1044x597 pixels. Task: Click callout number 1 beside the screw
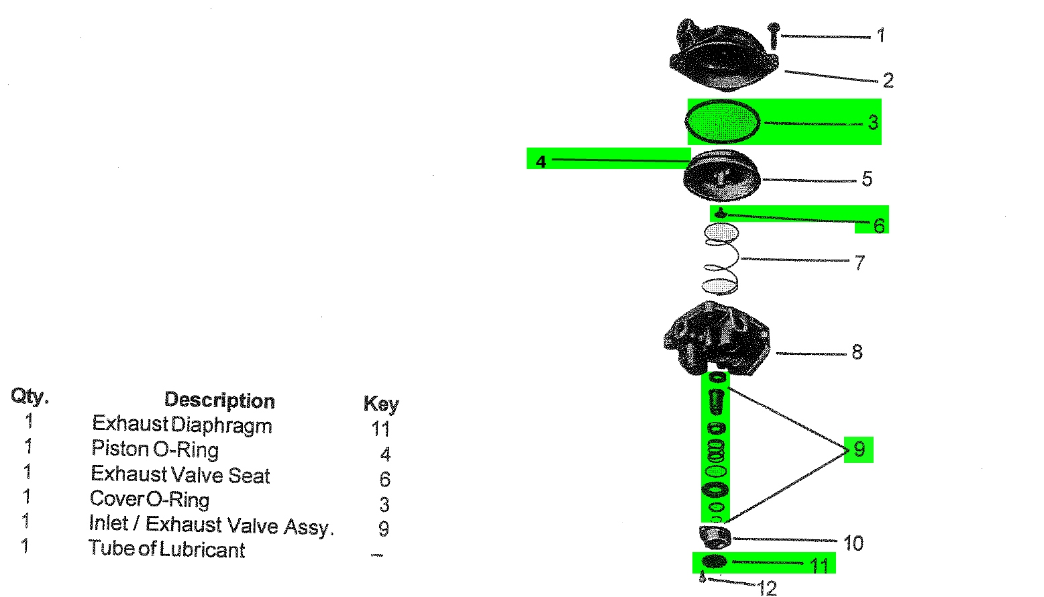[881, 35]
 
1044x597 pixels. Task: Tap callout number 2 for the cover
[888, 81]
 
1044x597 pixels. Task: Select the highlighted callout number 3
[873, 122]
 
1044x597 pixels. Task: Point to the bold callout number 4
[541, 162]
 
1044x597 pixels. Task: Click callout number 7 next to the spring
[859, 262]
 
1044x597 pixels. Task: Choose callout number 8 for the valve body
[857, 352]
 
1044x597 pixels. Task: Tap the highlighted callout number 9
[859, 449]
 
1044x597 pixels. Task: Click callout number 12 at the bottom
[767, 588]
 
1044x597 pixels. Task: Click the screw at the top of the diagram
[774, 35]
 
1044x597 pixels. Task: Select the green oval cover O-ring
[722, 122]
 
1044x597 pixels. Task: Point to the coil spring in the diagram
[720, 260]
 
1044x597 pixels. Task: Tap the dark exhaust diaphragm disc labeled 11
[714, 561]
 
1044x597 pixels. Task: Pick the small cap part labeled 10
[715, 537]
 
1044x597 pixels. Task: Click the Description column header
[219, 400]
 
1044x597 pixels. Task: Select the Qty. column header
[30, 396]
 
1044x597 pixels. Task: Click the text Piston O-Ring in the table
[155, 449]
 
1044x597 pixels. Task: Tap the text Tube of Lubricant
[166, 549]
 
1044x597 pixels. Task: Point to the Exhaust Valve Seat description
[180, 474]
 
